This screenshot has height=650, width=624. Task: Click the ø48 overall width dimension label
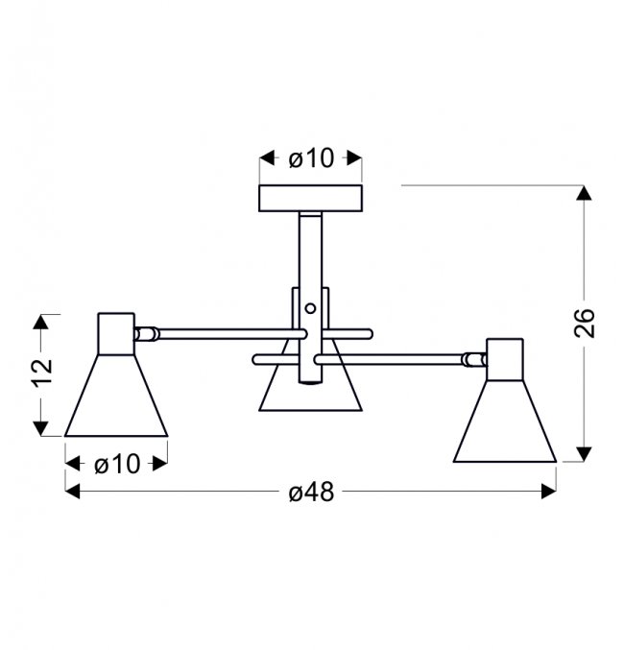pos(311,493)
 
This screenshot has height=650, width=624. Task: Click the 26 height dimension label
pos(585,323)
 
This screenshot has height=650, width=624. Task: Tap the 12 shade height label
pos(43,372)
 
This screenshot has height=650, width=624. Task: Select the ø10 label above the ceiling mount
pos(311,158)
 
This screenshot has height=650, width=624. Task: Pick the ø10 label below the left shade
pos(117,464)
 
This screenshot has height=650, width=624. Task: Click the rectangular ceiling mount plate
pos(310,198)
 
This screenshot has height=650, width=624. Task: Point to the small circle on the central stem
pos(310,308)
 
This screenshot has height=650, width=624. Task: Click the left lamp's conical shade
pos(116,396)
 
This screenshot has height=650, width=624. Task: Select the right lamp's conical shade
pos(505,421)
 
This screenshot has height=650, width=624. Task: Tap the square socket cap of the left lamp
pos(116,334)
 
